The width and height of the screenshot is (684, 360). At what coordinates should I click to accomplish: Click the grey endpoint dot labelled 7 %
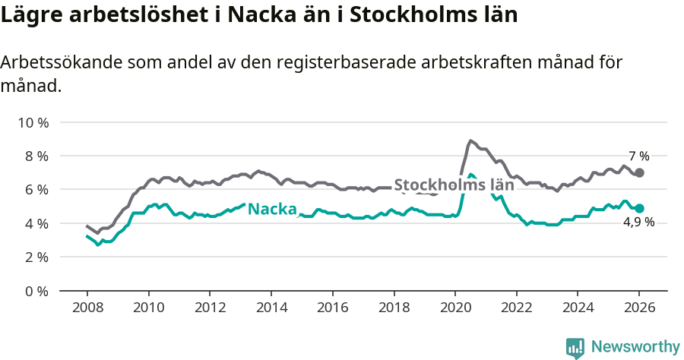639,172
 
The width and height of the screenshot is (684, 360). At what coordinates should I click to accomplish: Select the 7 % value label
638,156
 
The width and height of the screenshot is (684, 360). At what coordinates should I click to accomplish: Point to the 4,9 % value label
638,222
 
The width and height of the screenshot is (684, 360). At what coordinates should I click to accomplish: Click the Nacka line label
272,208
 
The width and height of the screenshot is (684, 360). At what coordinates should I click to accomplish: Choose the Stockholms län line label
454,185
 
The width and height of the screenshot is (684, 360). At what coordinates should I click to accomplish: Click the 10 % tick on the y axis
33,122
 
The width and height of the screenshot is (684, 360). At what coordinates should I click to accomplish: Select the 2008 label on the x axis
87,309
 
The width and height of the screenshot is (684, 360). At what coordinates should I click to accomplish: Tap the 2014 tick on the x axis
271,309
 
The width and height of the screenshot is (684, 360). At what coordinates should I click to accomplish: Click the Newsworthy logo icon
575,347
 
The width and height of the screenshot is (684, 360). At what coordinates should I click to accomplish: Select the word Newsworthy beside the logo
635,346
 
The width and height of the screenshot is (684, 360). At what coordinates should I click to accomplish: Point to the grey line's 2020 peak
470,141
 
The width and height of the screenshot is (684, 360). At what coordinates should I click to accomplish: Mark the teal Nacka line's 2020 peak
471,175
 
